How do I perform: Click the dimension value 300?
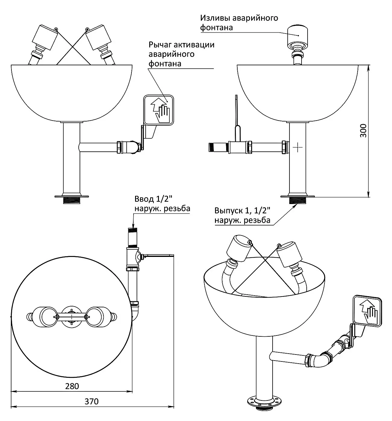click(x=363, y=131)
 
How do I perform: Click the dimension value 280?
click(x=72, y=386)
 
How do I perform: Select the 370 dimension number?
click(x=92, y=401)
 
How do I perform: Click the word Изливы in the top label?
click(x=215, y=18)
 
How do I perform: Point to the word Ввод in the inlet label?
click(x=144, y=199)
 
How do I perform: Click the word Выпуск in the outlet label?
click(x=229, y=211)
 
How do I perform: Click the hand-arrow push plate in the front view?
click(x=158, y=110)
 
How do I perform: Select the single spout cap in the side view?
click(x=297, y=36)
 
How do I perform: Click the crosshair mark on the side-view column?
click(x=297, y=147)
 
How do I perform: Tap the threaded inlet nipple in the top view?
click(x=133, y=237)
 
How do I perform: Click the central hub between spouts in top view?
click(x=72, y=317)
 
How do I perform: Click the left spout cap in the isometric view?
click(x=239, y=248)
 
